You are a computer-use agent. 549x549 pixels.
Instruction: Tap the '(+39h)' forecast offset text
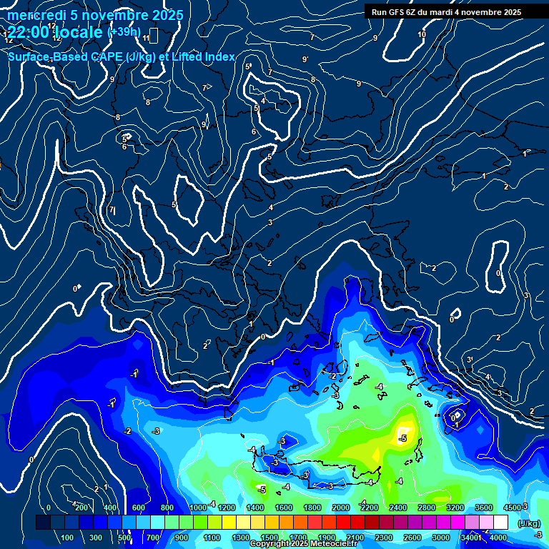(x=124, y=31)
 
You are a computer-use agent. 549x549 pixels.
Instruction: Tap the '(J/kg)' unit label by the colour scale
(x=528, y=524)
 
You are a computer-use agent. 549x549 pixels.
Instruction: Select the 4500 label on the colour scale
(x=513, y=508)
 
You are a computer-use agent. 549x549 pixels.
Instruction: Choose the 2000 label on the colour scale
(x=341, y=508)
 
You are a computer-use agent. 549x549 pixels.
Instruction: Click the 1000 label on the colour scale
(x=198, y=508)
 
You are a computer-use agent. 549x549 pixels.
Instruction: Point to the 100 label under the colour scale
(x=68, y=538)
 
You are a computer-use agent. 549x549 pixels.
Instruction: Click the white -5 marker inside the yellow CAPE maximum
(x=403, y=437)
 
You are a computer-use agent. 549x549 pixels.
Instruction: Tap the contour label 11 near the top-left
(x=146, y=38)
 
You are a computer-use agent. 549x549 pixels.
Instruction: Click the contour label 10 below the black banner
(x=422, y=34)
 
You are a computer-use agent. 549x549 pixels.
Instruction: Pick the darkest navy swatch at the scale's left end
(x=43, y=523)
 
